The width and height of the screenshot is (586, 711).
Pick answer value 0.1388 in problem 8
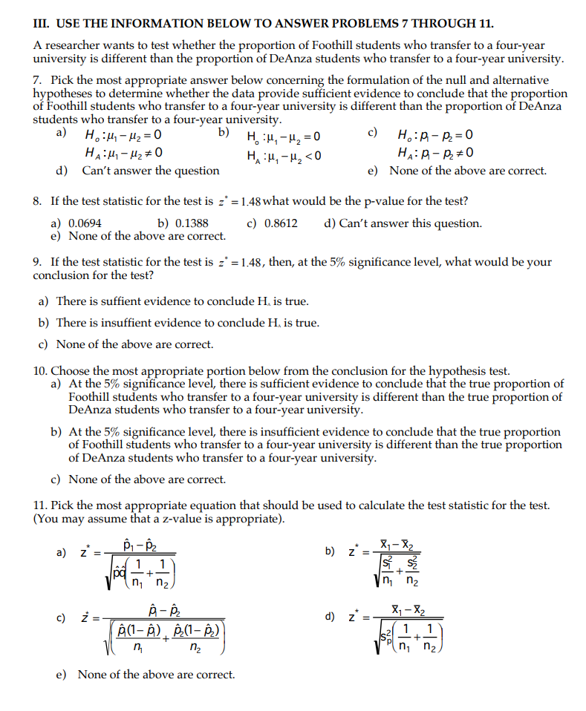(x=192, y=223)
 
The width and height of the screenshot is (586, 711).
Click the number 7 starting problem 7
(x=36, y=80)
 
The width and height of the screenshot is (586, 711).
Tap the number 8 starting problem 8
(x=36, y=202)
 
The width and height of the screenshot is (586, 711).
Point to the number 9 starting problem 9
(x=36, y=262)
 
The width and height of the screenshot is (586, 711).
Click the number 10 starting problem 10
(x=40, y=371)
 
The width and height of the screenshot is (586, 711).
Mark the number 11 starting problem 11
(x=40, y=505)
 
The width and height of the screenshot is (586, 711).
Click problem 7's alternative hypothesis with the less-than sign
(x=284, y=156)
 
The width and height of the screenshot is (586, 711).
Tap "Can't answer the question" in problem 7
(x=150, y=171)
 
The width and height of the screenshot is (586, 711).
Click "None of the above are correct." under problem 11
(x=156, y=675)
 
